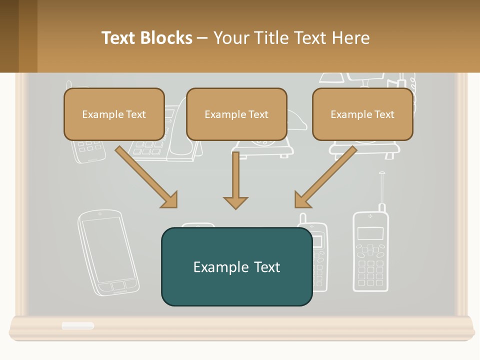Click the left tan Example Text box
click(114, 114)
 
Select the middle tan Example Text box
click(236, 114)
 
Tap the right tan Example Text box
click(362, 114)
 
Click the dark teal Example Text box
click(236, 266)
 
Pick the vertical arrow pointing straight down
click(235, 180)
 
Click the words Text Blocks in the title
click(147, 38)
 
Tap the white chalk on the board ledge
click(77, 325)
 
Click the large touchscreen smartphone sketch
click(107, 253)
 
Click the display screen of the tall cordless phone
click(370, 233)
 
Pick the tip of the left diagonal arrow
click(175, 205)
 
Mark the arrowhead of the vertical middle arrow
click(235, 202)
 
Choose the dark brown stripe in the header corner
click(9, 36)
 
